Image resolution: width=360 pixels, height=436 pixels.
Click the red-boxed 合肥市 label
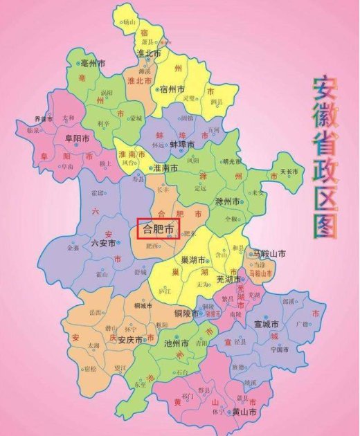click(x=157, y=228)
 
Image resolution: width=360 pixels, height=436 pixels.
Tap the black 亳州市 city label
click(x=93, y=62)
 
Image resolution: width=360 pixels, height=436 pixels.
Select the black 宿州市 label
click(x=172, y=89)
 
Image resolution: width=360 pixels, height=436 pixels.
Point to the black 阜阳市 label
click(x=77, y=138)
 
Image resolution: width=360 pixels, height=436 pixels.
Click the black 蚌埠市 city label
click(x=182, y=145)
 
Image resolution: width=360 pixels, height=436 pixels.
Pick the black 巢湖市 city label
click(x=192, y=260)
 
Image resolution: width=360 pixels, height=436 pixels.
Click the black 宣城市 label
click(x=265, y=324)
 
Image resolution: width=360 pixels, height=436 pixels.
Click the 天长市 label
click(x=291, y=171)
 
